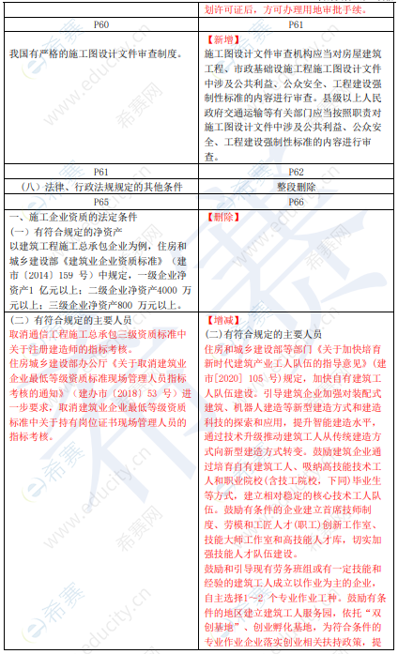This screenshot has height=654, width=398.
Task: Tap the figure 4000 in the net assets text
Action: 151,292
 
